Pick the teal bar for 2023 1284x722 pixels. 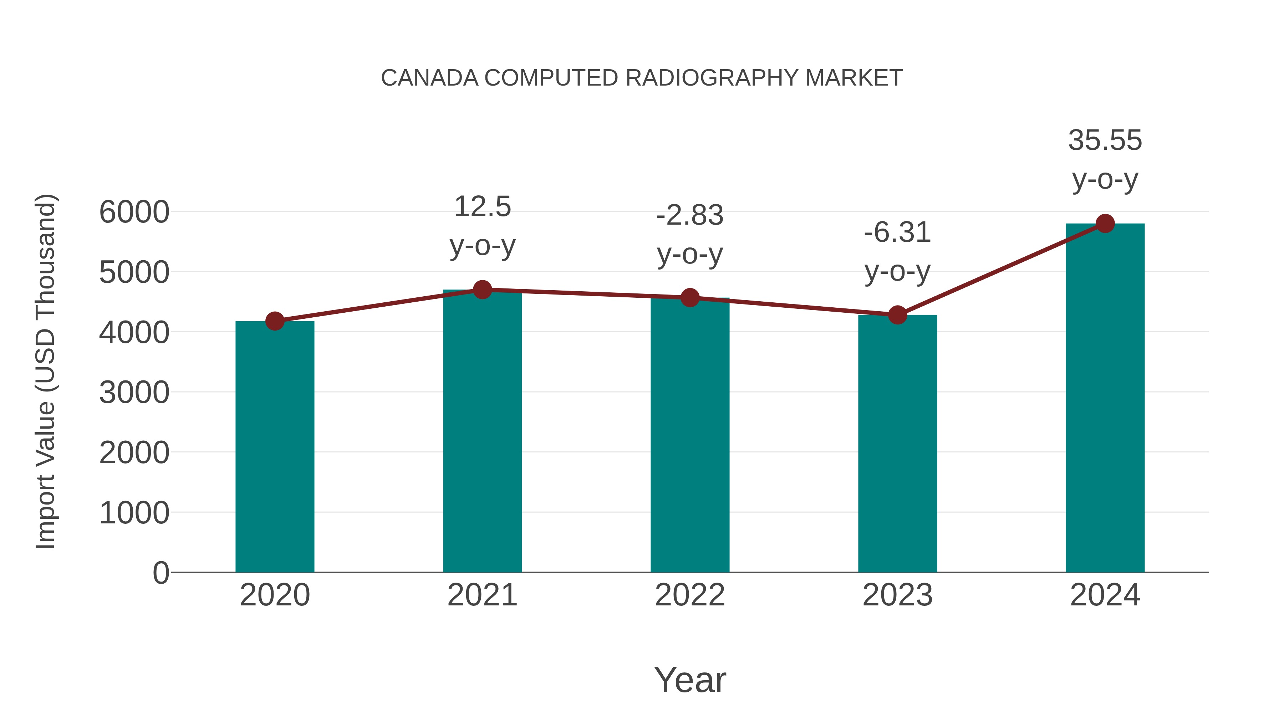point(897,444)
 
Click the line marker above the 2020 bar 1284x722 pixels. point(275,321)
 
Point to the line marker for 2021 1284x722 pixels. point(482,290)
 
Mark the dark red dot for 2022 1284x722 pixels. point(690,298)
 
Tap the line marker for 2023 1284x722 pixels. point(897,315)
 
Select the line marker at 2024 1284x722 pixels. point(1105,224)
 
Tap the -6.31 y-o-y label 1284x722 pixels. point(897,252)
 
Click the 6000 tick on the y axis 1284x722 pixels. point(134,212)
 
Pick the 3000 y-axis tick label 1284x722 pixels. point(134,393)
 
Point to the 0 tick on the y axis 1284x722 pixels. point(160,573)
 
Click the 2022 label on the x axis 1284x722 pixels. point(690,595)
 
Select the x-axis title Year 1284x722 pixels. point(690,680)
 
